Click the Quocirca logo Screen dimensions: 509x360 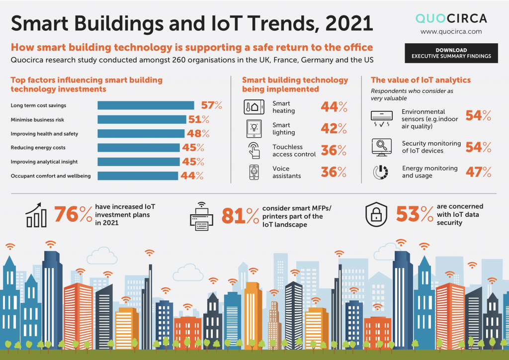(x=451, y=18)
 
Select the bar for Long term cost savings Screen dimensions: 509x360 (x=146, y=105)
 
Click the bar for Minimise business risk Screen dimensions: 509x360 (x=142, y=119)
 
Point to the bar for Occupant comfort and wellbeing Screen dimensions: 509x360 (x=138, y=176)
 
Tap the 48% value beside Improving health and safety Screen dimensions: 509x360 (x=198, y=133)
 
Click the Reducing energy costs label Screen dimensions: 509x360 (x=38, y=147)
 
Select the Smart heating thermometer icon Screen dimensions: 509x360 (x=254, y=107)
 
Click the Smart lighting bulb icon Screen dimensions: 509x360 (x=254, y=129)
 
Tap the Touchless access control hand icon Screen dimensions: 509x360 (x=254, y=150)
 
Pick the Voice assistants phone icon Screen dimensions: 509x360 (x=254, y=172)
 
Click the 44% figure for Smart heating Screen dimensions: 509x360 (x=334, y=106)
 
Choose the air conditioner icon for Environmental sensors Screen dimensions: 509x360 (x=381, y=118)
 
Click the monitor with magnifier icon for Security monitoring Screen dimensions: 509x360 (x=381, y=147)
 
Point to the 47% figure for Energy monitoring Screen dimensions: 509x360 (x=479, y=172)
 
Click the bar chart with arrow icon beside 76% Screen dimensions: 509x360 (x=36, y=215)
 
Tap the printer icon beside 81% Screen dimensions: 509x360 (x=202, y=216)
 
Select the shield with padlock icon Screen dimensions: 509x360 (x=376, y=214)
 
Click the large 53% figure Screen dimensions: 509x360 (x=415, y=214)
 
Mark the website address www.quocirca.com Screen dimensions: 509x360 (x=451, y=31)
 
